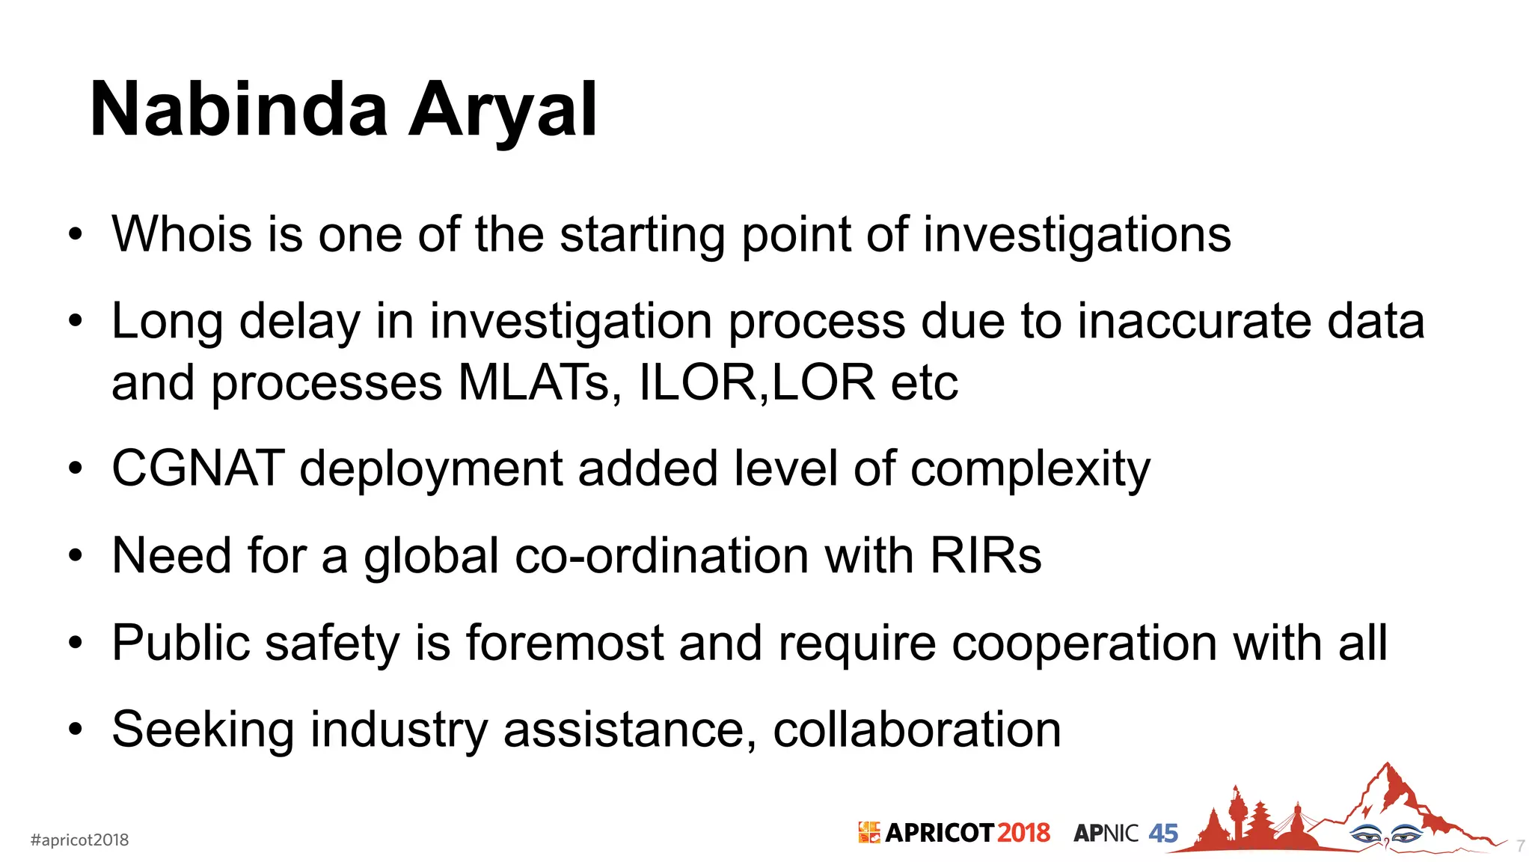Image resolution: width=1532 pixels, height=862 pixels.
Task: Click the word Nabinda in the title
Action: pyautogui.click(x=239, y=111)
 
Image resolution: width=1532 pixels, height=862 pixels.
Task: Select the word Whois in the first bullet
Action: pyautogui.click(x=182, y=234)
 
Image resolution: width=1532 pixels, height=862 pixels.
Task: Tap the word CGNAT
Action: pyautogui.click(x=197, y=469)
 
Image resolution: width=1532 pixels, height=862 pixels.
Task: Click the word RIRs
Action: pyautogui.click(x=985, y=556)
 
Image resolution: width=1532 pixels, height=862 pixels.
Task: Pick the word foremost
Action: pyautogui.click(x=565, y=643)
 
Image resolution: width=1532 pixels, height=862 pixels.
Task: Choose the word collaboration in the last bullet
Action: pyautogui.click(x=916, y=730)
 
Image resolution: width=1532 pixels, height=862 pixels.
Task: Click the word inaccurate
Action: pyautogui.click(x=1194, y=322)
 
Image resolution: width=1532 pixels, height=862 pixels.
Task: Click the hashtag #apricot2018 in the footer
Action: pyautogui.click(x=79, y=840)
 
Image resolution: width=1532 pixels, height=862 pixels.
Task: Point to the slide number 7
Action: pyautogui.click(x=1521, y=846)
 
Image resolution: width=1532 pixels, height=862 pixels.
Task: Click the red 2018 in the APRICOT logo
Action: pyautogui.click(x=1023, y=833)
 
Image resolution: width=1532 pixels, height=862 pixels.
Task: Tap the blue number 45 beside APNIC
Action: pyautogui.click(x=1163, y=833)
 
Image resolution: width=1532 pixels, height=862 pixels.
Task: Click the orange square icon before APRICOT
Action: pyautogui.click(x=868, y=832)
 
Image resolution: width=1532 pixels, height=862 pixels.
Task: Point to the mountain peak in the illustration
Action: pyautogui.click(x=1388, y=771)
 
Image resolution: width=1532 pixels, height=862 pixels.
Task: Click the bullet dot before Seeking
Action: pyautogui.click(x=75, y=730)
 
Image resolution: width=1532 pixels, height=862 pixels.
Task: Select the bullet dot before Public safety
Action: pyautogui.click(x=75, y=643)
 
